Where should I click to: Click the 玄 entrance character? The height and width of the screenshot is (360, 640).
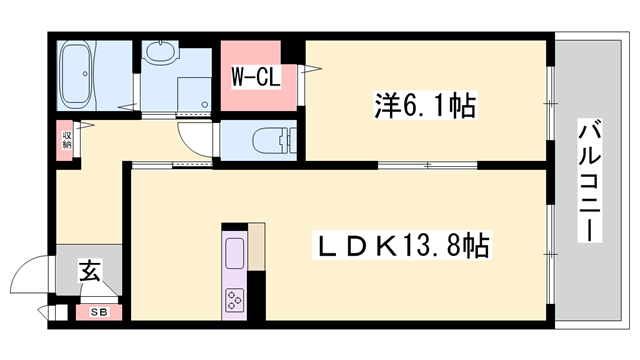89,270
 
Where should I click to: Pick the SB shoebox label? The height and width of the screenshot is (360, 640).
99,312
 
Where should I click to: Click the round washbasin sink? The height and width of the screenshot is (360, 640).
160,52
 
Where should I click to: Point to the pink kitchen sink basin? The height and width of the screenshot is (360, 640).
234,255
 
